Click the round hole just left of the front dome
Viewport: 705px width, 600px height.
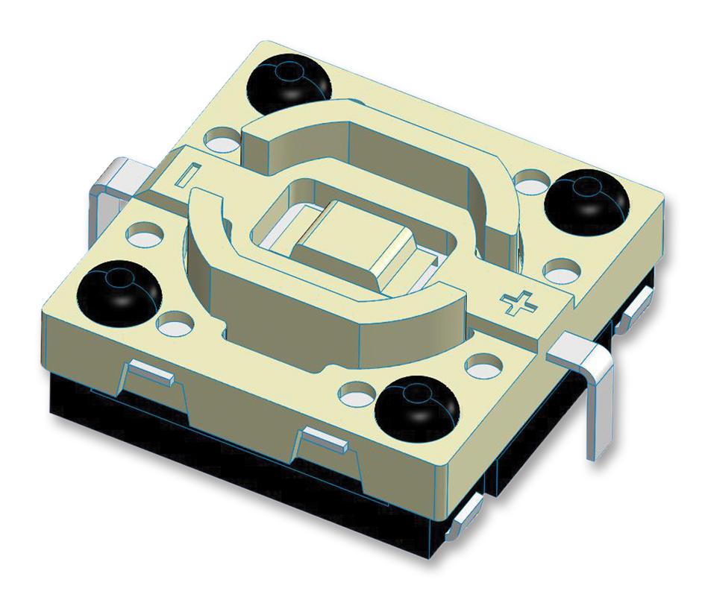[357, 390]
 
